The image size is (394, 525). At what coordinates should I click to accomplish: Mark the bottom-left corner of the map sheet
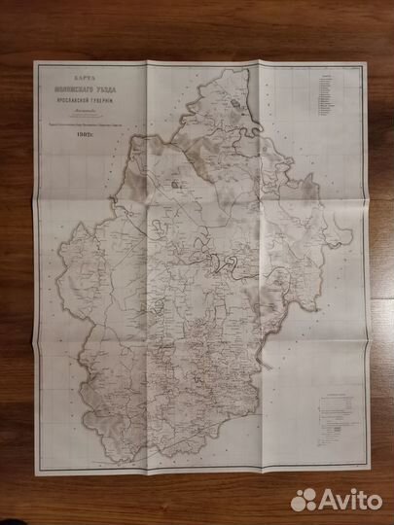[34, 470]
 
